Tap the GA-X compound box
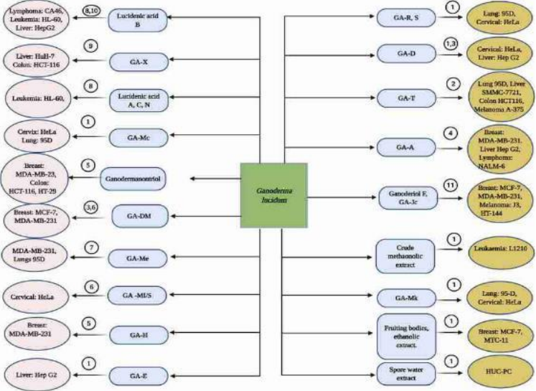[142, 63]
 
